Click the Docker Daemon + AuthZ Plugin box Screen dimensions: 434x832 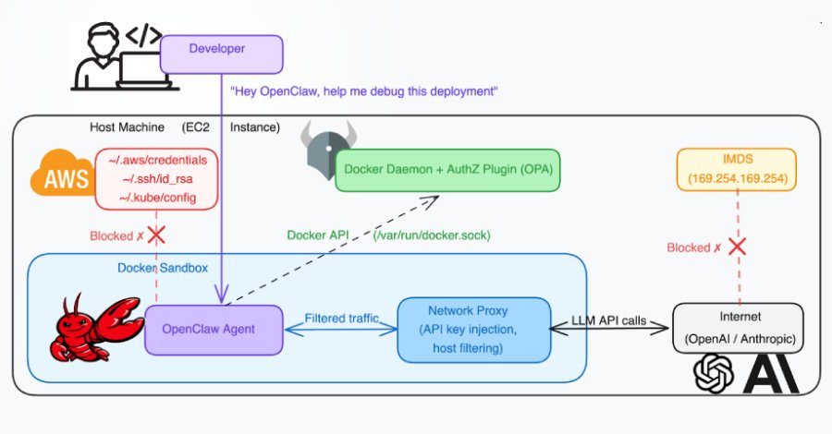(447, 170)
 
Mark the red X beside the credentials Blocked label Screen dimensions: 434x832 (156, 235)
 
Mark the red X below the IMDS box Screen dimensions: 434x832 (736, 247)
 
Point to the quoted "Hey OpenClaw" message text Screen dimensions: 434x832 (364, 90)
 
